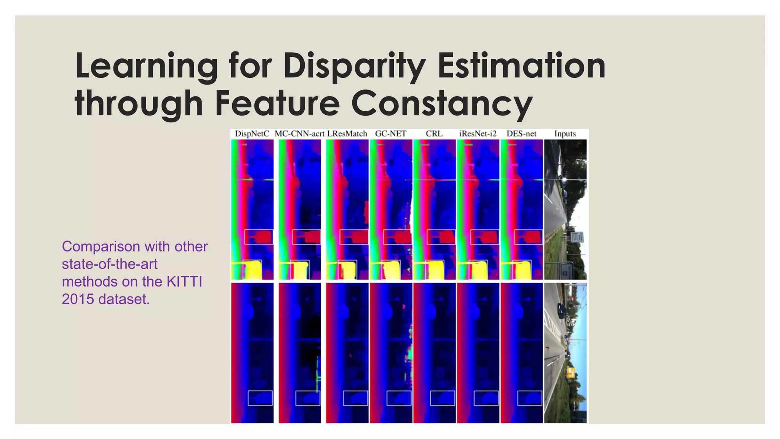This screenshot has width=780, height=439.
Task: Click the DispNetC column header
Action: click(x=252, y=134)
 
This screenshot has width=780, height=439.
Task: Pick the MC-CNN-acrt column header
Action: click(x=299, y=134)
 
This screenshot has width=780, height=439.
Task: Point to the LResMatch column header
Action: click(x=347, y=134)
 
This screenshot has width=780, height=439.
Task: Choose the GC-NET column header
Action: click(x=391, y=134)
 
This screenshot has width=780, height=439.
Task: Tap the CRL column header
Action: click(x=434, y=134)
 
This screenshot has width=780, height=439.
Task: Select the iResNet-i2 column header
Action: click(x=478, y=134)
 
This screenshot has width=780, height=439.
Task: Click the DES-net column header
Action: click(x=521, y=134)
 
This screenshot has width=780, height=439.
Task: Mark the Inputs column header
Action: click(x=565, y=134)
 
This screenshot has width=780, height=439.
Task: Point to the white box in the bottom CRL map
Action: click(x=442, y=398)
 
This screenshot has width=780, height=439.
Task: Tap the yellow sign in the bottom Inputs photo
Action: click(x=570, y=372)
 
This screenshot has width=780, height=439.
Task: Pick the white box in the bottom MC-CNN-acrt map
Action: click(x=308, y=398)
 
